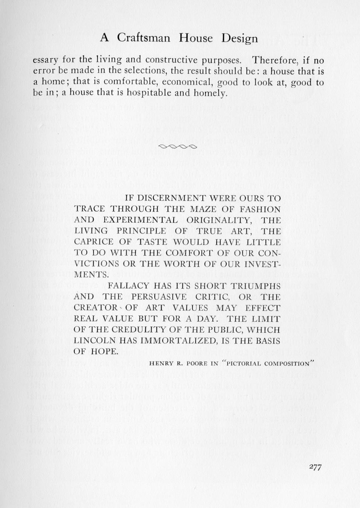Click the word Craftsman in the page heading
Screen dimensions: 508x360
pos(144,38)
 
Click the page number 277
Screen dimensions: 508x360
pos(315,467)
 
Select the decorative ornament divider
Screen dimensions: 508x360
pos(178,147)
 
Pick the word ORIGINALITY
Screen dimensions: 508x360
pos(219,220)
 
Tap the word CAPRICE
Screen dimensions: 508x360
pos(94,242)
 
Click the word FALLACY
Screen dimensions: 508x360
pos(128,286)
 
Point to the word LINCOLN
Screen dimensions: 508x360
pos(95,341)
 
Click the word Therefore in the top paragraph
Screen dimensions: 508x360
pos(275,60)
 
